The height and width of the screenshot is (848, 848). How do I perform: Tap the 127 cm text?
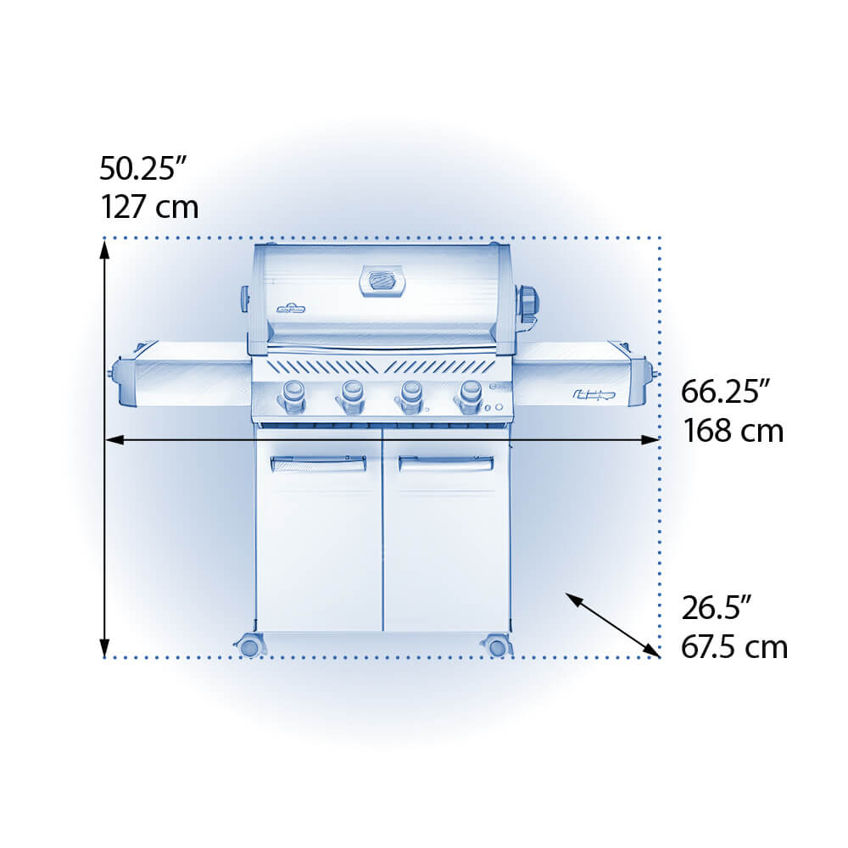coord(150,207)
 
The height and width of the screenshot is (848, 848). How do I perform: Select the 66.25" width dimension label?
coord(725,391)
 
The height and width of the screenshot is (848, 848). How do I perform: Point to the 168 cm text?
coord(734,431)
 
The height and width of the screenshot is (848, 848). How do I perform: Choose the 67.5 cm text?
coord(734,646)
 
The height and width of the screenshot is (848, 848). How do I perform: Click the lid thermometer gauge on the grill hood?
coord(382,281)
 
